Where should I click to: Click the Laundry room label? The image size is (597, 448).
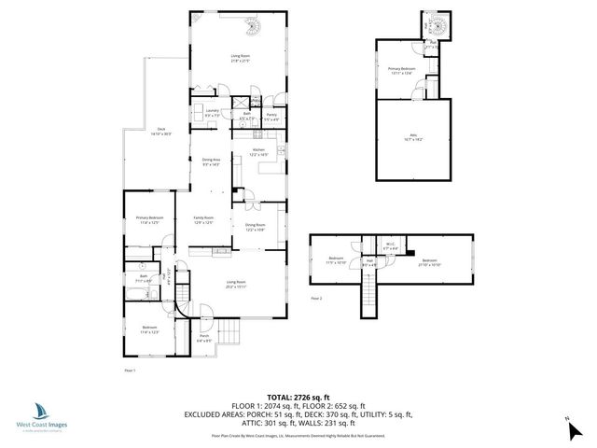(211, 113)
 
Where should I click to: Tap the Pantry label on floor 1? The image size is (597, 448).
(271, 117)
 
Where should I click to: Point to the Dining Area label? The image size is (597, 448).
(211, 161)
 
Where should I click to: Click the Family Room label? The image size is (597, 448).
(203, 220)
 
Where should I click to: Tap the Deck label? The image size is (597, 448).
(160, 132)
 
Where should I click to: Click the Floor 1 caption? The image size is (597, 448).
(131, 371)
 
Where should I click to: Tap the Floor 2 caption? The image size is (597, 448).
(315, 298)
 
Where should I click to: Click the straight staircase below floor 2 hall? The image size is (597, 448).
(370, 299)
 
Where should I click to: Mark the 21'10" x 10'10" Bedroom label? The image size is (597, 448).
(428, 261)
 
